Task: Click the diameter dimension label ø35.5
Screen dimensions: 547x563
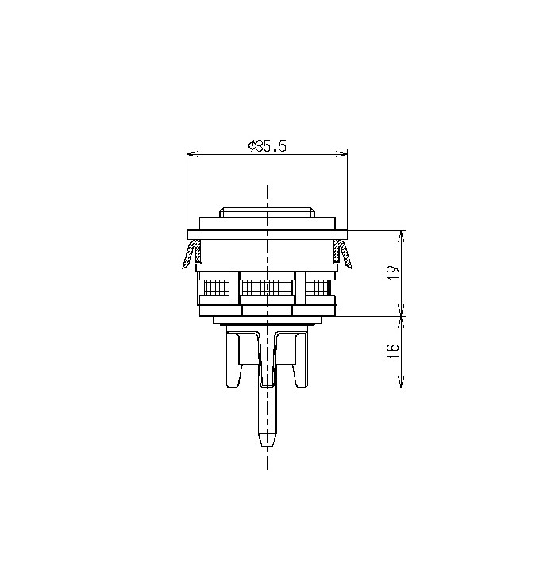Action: pyautogui.click(x=267, y=146)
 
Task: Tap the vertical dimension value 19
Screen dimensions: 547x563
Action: pyautogui.click(x=393, y=273)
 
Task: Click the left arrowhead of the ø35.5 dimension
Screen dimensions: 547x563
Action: pyautogui.click(x=193, y=154)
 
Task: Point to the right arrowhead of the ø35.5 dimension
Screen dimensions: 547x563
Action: pyautogui.click(x=341, y=154)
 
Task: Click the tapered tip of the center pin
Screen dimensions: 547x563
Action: pyautogui.click(x=268, y=439)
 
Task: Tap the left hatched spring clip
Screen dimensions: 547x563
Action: pyautogui.click(x=191, y=254)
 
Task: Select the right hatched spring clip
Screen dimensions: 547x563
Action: pyautogui.click(x=343, y=254)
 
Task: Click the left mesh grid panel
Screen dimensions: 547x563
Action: pyautogui.click(x=216, y=287)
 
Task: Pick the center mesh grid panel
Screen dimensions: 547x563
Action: pyautogui.click(x=268, y=287)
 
